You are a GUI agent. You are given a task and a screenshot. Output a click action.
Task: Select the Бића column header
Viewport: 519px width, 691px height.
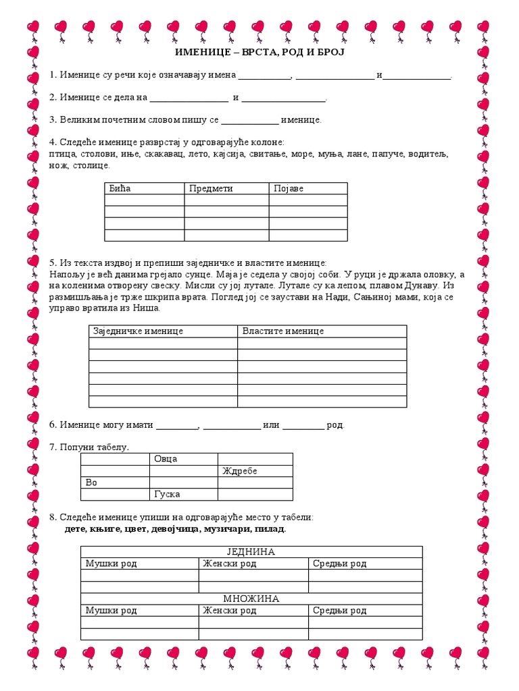click(x=120, y=188)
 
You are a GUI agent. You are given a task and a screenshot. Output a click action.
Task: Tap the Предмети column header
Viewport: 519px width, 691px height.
click(x=211, y=188)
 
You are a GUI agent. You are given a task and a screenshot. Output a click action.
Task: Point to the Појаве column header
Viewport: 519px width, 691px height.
click(x=289, y=188)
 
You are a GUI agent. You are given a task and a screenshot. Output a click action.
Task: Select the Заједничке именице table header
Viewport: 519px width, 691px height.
click(x=138, y=331)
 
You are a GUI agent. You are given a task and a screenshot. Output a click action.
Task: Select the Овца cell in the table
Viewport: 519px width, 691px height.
click(x=166, y=459)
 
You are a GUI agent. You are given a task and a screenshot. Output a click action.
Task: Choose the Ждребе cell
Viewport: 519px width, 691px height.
click(x=239, y=471)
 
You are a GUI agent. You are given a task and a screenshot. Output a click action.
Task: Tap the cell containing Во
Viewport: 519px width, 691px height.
click(x=91, y=482)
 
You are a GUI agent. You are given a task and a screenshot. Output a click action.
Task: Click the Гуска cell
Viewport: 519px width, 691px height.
click(x=167, y=494)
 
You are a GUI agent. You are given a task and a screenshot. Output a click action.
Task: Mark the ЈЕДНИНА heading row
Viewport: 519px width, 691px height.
click(x=251, y=552)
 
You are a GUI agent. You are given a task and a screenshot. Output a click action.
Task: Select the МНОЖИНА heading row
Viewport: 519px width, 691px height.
click(x=251, y=599)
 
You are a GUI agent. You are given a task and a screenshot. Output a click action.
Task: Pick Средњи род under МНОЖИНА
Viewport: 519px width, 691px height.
click(x=339, y=611)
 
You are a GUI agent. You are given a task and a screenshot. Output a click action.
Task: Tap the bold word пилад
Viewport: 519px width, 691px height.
click(x=270, y=529)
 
